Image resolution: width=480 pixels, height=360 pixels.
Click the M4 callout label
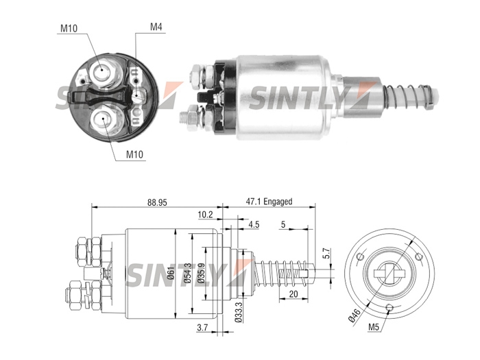click(156, 27)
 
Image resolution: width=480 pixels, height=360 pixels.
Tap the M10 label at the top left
click(69, 29)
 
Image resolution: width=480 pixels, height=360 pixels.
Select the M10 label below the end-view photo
click(134, 154)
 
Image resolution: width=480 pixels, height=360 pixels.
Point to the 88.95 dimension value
click(157, 202)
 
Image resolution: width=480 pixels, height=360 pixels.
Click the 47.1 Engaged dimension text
click(269, 202)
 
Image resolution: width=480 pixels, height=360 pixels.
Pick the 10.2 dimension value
click(205, 215)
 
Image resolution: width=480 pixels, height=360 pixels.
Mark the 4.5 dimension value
click(254, 225)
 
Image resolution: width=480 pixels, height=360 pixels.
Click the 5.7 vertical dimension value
click(327, 254)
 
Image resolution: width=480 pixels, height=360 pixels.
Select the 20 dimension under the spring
click(293, 294)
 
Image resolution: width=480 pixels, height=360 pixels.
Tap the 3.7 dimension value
click(202, 328)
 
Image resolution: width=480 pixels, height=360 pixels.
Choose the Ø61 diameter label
click(171, 272)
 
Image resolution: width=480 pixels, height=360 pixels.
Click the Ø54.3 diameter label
click(188, 272)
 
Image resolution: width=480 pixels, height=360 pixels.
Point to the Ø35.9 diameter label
click(200, 272)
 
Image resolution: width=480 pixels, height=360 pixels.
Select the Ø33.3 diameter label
click(239, 312)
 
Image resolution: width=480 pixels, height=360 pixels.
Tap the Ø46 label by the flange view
click(355, 315)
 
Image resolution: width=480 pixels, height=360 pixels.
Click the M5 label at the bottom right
click(374, 327)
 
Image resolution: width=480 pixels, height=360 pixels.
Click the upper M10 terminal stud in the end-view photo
click(103, 71)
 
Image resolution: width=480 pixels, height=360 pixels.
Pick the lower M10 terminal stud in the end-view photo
click(106, 120)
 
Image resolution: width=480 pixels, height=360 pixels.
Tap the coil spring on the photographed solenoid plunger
click(407, 95)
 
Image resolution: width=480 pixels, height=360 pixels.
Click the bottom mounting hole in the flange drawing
click(389, 308)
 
